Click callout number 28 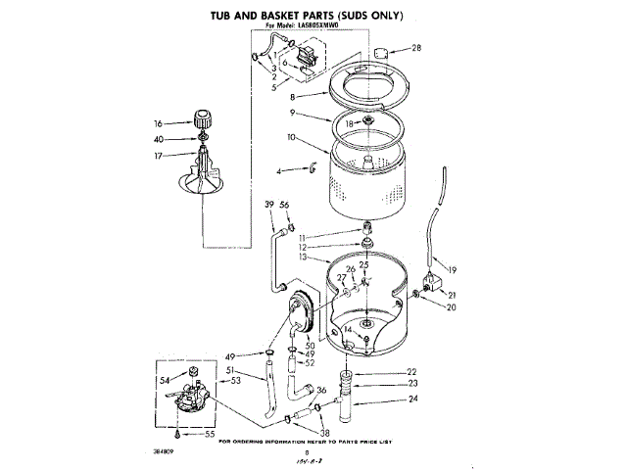coord(416,48)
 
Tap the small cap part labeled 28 coord(383,50)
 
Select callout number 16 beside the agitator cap coord(157,124)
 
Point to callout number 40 coord(157,140)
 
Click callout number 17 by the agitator coord(157,155)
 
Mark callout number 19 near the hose coord(452,270)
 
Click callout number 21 coord(452,295)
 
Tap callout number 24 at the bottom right coord(412,399)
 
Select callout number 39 coord(268,204)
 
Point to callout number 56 coord(285,204)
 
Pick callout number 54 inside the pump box coord(165,379)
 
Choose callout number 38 coord(325,432)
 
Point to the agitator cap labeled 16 coord(204,121)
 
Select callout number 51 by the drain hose coord(231,370)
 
